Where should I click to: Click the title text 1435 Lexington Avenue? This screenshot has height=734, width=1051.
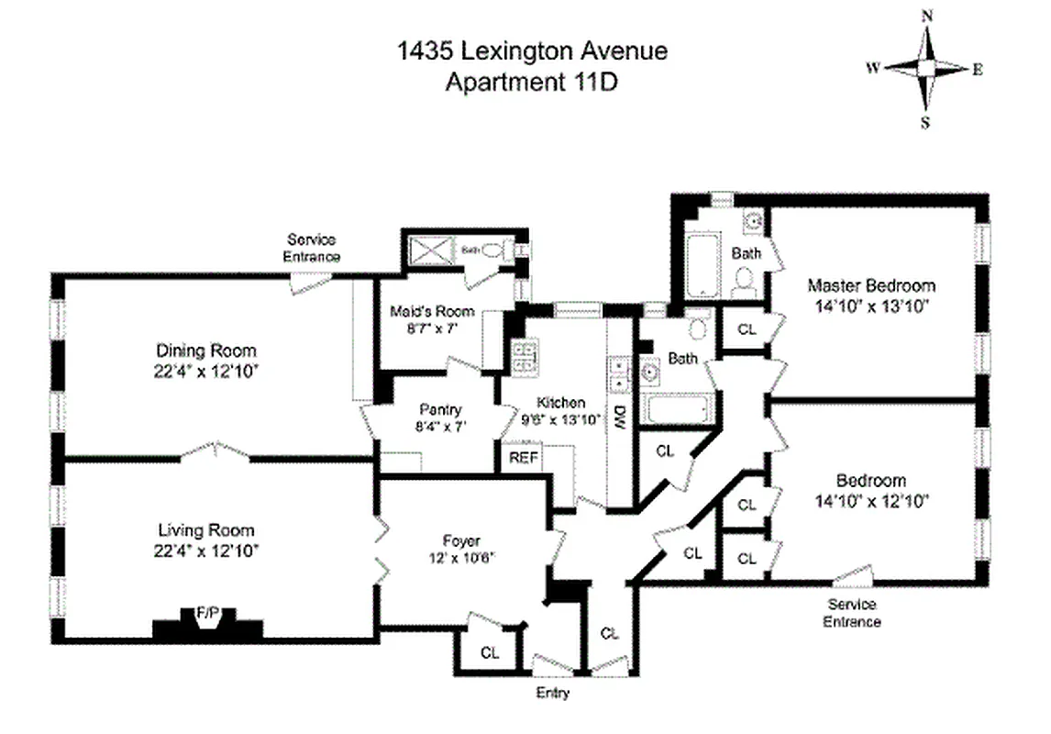pyautogui.click(x=532, y=51)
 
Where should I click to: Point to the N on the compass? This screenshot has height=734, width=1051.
pyautogui.click(x=927, y=16)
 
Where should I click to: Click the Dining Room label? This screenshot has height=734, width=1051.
pyautogui.click(x=206, y=350)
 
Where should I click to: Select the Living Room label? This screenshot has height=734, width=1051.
pyautogui.click(x=206, y=530)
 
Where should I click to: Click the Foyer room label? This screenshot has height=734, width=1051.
pyautogui.click(x=460, y=541)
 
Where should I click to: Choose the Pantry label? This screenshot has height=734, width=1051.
pyautogui.click(x=440, y=410)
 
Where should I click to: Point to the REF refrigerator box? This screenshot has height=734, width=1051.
pyautogui.click(x=523, y=457)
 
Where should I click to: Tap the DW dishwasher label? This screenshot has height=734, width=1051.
pyautogui.click(x=619, y=415)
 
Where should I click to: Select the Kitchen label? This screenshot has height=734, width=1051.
pyautogui.click(x=560, y=403)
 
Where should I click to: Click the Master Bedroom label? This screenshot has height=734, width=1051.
pyautogui.click(x=871, y=285)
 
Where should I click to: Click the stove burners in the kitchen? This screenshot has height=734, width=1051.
pyautogui.click(x=525, y=356)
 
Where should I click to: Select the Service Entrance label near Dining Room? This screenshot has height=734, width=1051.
pyautogui.click(x=312, y=250)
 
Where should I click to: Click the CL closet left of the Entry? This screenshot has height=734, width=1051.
pyautogui.click(x=490, y=652)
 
